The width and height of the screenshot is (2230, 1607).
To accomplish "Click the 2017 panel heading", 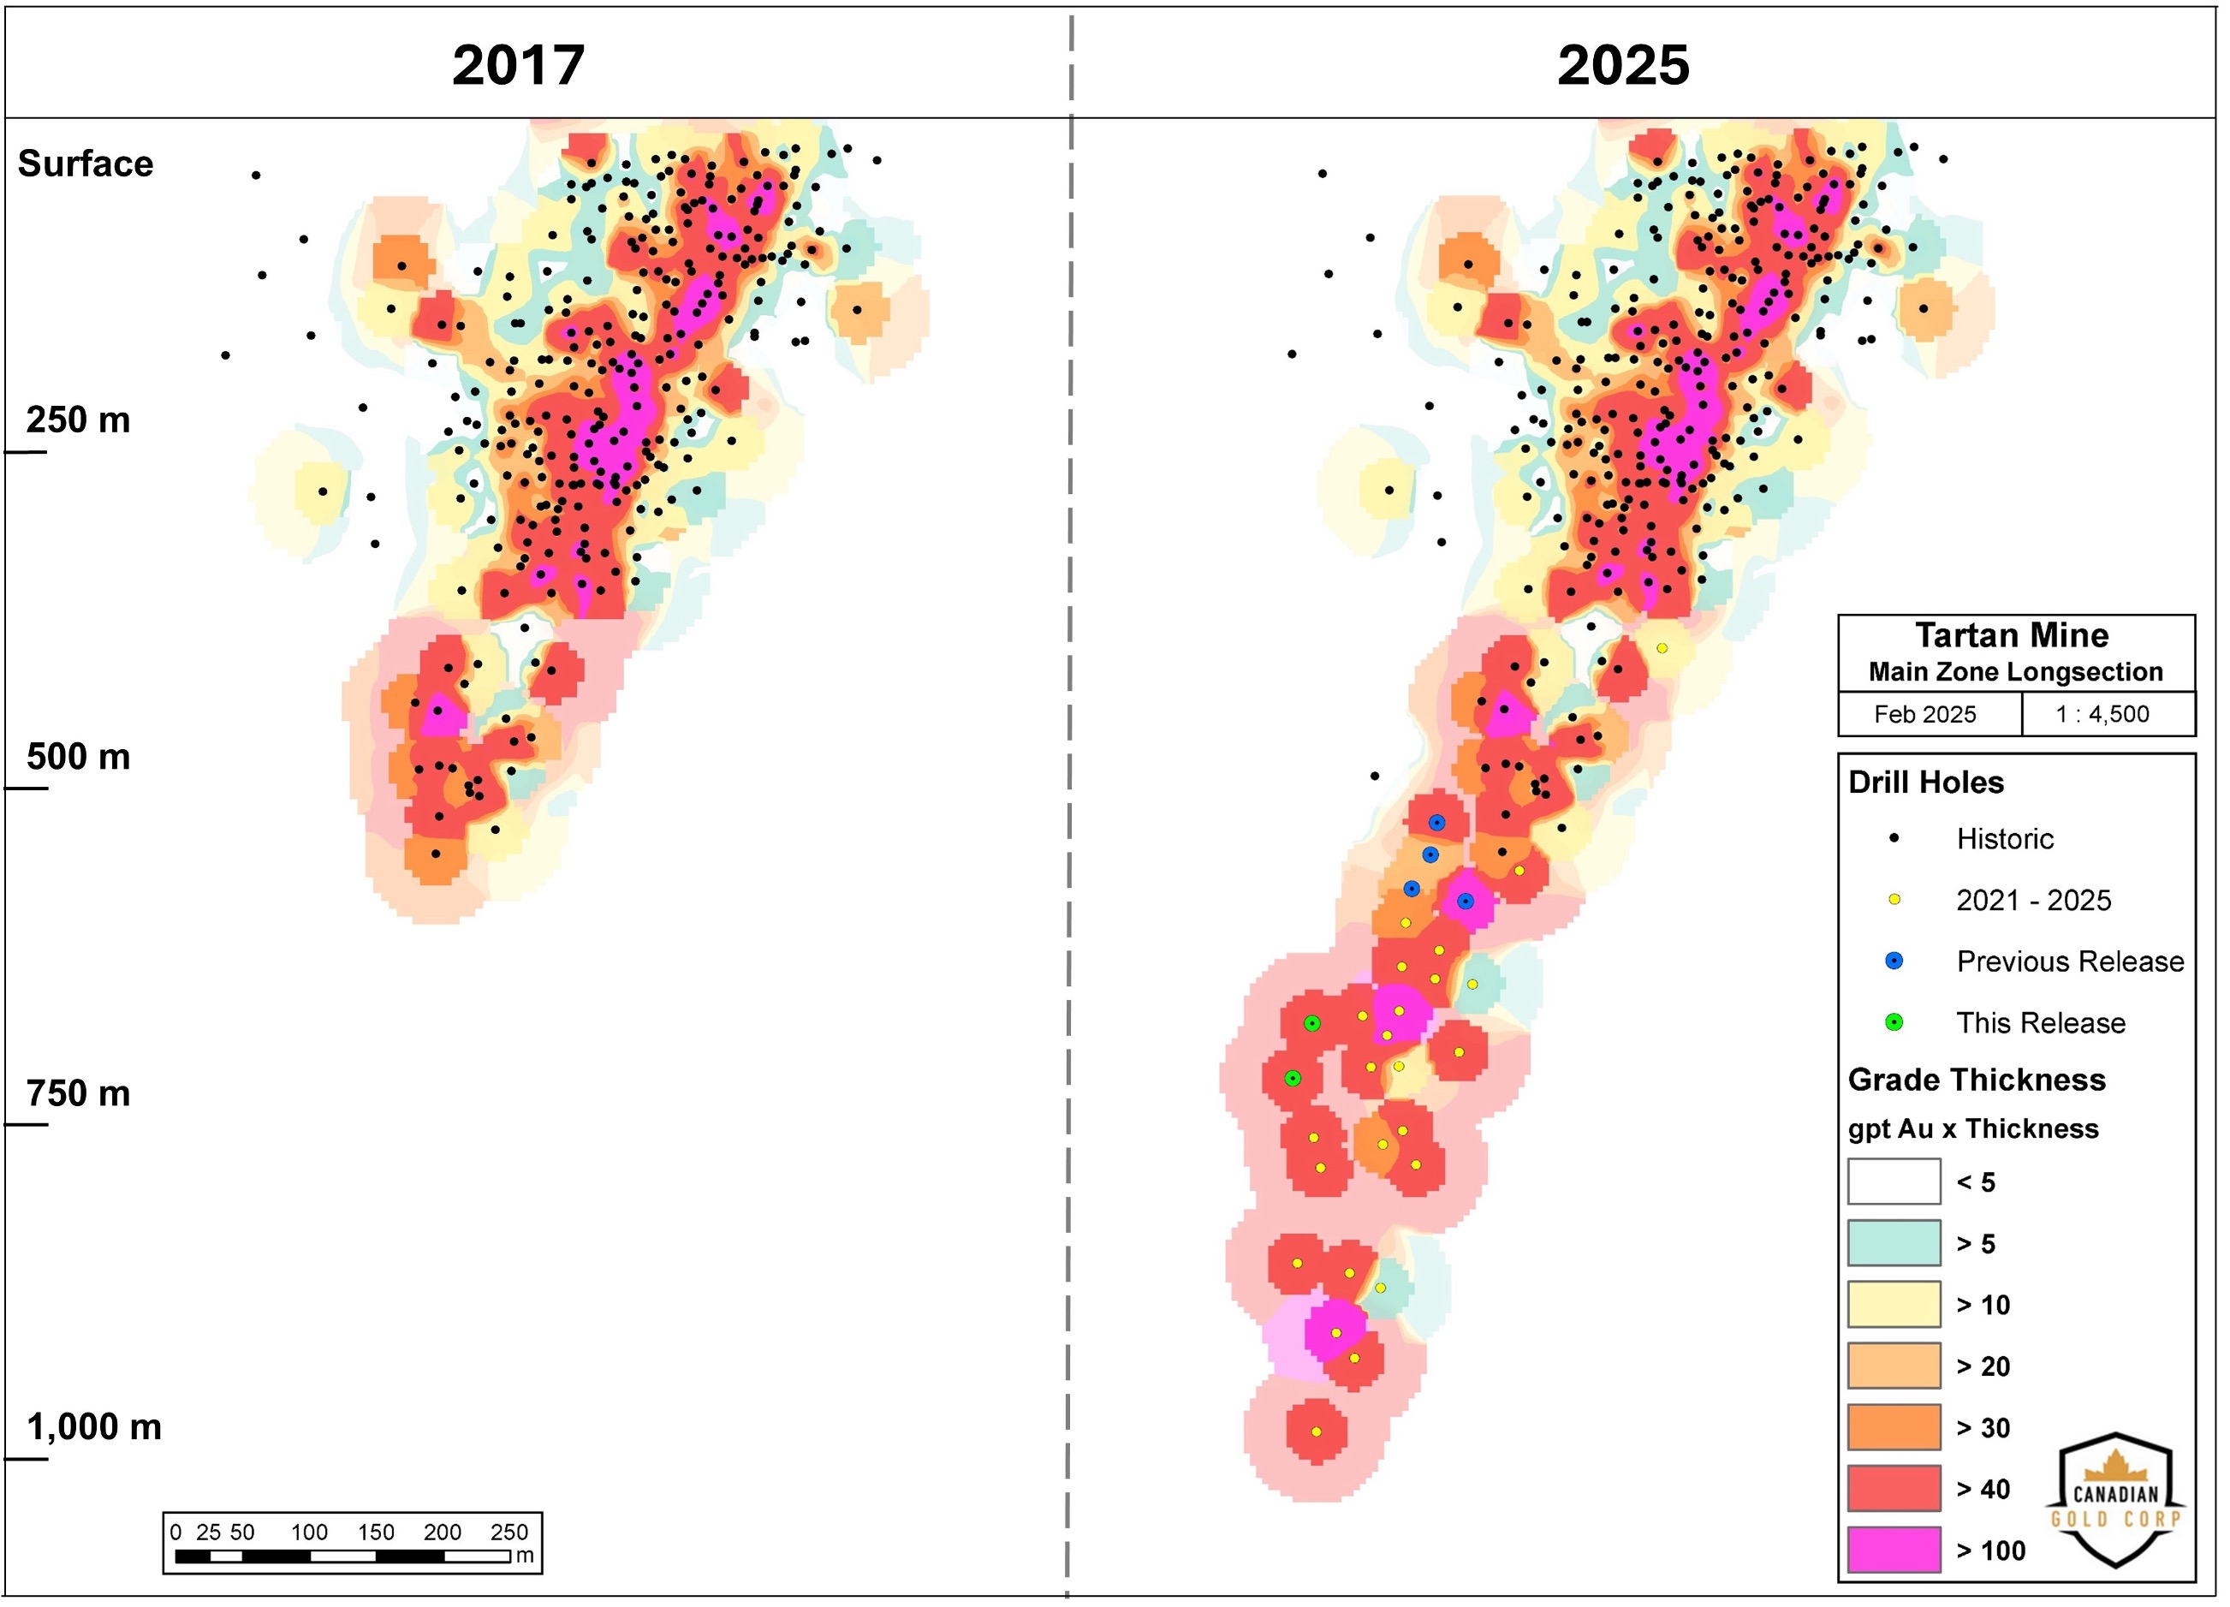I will point(518,65).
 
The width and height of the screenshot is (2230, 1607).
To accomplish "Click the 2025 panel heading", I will point(1622,65).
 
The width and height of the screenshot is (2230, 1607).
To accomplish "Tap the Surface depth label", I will point(86,164).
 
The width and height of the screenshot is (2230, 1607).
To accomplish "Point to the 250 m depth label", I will point(78,420).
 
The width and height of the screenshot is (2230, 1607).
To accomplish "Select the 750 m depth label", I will point(78,1092).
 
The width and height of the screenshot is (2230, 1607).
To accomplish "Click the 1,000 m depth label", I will point(93,1426).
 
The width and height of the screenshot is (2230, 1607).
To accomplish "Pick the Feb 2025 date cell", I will point(1924,714).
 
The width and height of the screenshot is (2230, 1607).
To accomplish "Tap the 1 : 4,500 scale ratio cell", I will point(2102,714).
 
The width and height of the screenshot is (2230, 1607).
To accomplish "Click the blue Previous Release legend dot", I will point(1894,961).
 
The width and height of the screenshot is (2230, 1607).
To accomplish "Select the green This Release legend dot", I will point(1894,1023).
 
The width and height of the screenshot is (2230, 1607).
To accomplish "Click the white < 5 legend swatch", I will point(1894,1181).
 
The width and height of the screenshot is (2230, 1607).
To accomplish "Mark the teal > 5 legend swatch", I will point(1894,1243).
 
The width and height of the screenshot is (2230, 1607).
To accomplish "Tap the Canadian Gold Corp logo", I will point(2115,1501).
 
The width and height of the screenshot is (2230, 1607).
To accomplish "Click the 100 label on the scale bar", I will point(309,1532).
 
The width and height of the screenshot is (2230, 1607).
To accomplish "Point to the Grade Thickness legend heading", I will point(1977,1080).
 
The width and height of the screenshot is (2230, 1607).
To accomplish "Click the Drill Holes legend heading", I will point(1925,782).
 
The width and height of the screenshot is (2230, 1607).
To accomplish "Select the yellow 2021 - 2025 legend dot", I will point(1894,899).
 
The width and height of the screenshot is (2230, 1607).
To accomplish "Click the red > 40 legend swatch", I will point(1894,1488).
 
